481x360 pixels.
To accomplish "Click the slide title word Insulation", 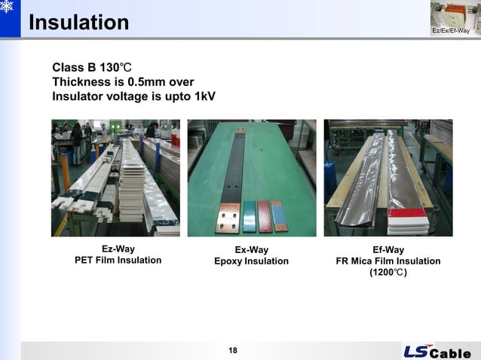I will pos(78,23).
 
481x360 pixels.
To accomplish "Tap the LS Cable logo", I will pos(437,352).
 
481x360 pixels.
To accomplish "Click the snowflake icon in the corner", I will pos(9,9).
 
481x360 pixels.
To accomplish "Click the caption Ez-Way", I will pos(118,249).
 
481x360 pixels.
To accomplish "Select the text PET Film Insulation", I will pos(118,261).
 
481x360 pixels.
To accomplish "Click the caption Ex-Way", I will pos(251,249).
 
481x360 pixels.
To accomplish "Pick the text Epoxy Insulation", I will pos(251,261).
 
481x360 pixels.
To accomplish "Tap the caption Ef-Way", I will pos(388,249).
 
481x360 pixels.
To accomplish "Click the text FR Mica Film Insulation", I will pos(388,261).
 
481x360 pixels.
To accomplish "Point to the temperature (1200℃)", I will pos(388,273).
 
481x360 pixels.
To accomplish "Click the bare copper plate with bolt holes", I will pos(231,215).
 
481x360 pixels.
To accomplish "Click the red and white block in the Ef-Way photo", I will pos(407,221).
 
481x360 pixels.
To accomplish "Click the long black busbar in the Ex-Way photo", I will pos(236,162).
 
